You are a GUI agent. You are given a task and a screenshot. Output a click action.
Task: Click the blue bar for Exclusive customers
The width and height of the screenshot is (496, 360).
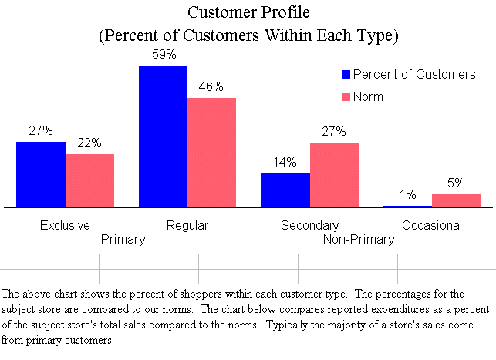[41, 175]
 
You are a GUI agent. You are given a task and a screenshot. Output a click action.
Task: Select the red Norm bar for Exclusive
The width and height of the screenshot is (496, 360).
[89, 181]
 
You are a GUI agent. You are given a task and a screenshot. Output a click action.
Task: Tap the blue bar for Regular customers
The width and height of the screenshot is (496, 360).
[163, 137]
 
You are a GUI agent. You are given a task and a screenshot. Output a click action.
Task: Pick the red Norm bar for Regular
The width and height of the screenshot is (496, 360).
[211, 153]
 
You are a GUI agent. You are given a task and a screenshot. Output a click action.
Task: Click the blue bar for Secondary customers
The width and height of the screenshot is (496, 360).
[285, 190]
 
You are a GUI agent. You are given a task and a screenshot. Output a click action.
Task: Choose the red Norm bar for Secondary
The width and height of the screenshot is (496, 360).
[334, 175]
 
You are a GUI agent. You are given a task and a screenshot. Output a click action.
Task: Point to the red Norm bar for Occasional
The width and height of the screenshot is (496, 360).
[456, 200]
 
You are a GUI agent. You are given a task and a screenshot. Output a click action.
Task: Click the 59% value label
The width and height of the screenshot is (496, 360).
[163, 56]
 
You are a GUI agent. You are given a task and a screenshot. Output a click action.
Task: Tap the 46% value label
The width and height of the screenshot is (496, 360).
[211, 87]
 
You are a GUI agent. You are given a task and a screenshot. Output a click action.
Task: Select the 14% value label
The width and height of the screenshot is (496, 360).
[285, 163]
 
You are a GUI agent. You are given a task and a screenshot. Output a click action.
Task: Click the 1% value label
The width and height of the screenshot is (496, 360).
[407, 195]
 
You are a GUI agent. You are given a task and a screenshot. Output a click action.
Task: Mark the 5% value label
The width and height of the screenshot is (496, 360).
[456, 183]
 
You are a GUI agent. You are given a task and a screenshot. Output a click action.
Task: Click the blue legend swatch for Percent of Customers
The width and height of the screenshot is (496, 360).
[346, 76]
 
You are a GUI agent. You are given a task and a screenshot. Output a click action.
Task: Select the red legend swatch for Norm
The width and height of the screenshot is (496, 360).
[346, 97]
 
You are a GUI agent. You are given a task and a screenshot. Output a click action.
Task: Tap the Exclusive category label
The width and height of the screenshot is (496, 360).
[65, 226]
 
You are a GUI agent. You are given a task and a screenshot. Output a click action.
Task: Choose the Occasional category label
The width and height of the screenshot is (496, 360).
[431, 226]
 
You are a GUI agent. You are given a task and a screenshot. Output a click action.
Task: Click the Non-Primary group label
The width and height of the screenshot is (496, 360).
[359, 239]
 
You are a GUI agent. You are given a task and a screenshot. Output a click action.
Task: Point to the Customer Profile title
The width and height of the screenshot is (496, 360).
[247, 13]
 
